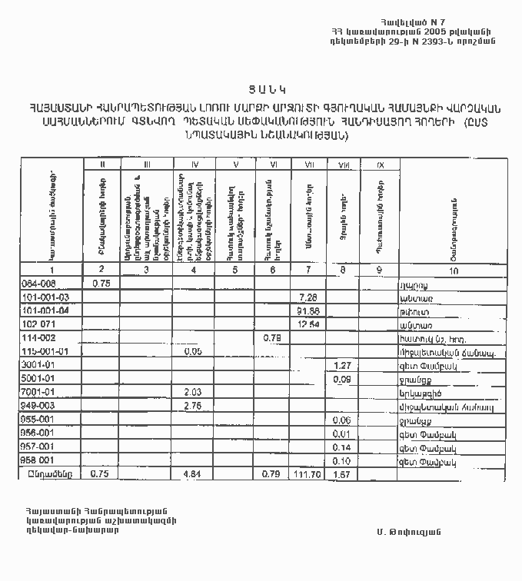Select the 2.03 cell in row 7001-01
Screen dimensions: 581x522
[192, 392]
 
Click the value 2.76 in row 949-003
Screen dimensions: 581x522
[192, 405]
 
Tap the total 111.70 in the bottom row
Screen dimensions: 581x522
[308, 474]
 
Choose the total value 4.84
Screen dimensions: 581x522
[192, 474]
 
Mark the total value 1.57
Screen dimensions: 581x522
[342, 474]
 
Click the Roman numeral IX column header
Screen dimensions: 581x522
[379, 164]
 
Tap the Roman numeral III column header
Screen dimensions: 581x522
[146, 164]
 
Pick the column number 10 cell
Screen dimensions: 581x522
[453, 271]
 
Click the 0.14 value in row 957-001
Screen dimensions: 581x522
[342, 447]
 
